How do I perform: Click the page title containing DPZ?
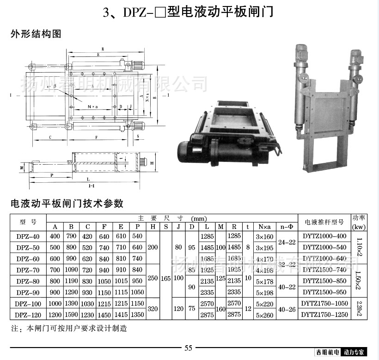coord(188,11)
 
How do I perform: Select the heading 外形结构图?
coord(36,34)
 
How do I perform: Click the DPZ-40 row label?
coord(28,236)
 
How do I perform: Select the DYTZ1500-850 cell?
coord(324,280)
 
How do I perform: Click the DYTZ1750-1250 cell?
coord(324,314)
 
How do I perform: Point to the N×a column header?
coord(264,227)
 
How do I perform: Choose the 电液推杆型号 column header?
coord(324,222)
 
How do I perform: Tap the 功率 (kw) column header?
coord(359,222)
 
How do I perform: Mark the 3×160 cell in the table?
coord(264,236)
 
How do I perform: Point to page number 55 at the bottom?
coord(188,348)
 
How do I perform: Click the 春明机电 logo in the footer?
coord(328,353)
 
